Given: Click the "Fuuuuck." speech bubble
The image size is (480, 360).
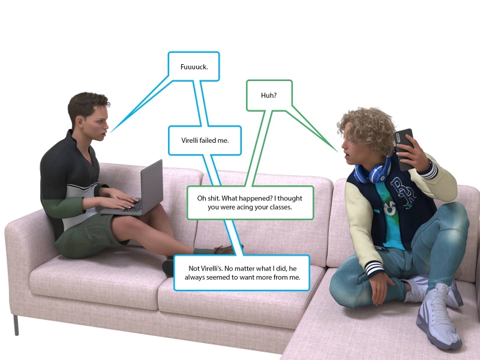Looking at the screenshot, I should (194, 67).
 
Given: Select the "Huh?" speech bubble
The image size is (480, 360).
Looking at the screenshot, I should (268, 95).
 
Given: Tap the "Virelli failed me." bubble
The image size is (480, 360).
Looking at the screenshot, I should (205, 140).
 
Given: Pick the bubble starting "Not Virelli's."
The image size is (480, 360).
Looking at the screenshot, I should (241, 272).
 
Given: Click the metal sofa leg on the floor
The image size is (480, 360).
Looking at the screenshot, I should (16, 325).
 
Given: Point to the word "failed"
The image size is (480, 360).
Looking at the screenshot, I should (212, 140).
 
